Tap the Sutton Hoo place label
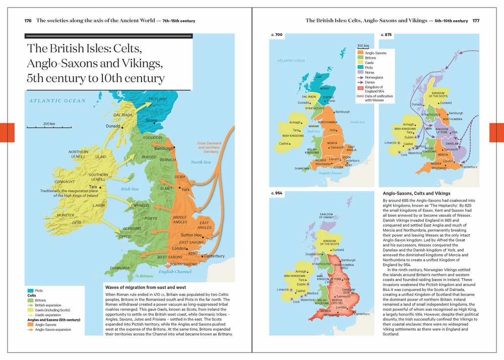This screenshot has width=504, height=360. (x=192, y=235)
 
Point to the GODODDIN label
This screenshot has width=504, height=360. (x=153, y=137)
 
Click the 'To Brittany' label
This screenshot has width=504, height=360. (x=144, y=276)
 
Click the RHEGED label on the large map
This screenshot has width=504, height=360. (x=149, y=157)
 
